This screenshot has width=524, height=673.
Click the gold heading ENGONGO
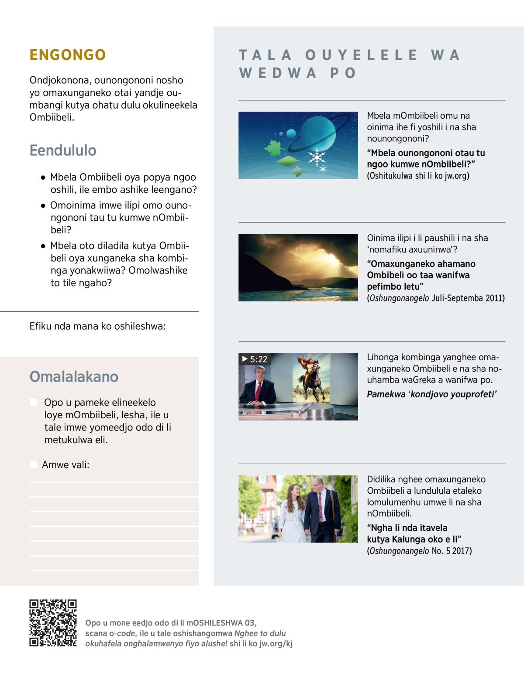pyautogui.click(x=68, y=55)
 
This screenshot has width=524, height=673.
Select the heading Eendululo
pyautogui.click(x=63, y=150)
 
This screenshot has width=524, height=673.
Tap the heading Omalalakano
pyautogui.click(x=74, y=377)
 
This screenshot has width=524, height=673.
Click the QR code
pyautogui.click(x=53, y=623)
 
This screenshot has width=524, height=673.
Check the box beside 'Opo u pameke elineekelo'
pyautogui.click(x=34, y=402)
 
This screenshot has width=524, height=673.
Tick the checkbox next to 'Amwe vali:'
pyautogui.click(x=33, y=465)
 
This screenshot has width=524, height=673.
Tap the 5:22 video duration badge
pyautogui.click(x=255, y=359)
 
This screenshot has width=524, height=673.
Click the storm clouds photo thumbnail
pyautogui.click(x=298, y=267)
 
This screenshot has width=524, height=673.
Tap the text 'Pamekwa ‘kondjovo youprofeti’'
pyautogui.click(x=431, y=394)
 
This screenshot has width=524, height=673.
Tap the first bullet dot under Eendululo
pyautogui.click(x=43, y=178)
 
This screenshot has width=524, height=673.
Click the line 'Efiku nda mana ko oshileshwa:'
pyautogui.click(x=97, y=326)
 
